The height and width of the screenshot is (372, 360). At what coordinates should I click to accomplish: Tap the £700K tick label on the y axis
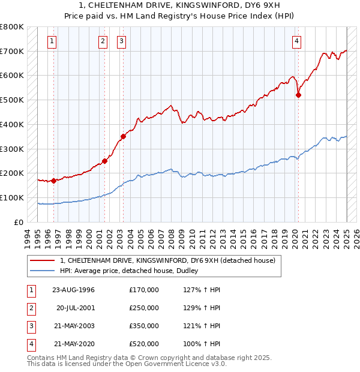click(x=12, y=51)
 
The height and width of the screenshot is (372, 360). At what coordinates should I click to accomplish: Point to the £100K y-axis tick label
click(x=12, y=197)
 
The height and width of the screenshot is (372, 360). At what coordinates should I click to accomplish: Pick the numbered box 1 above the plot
click(x=53, y=41)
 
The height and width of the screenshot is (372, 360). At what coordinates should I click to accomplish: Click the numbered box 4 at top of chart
click(x=297, y=41)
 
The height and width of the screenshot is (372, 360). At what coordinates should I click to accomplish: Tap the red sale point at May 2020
click(x=298, y=95)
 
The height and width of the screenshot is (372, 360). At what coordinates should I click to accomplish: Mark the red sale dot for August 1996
click(x=53, y=180)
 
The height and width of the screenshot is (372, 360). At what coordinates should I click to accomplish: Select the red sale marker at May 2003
click(x=123, y=136)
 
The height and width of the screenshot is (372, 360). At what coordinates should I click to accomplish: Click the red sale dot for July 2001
click(x=104, y=161)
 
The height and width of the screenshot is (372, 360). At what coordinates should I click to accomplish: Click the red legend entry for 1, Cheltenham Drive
click(x=167, y=260)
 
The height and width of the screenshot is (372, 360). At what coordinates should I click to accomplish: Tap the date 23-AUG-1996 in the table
click(x=74, y=290)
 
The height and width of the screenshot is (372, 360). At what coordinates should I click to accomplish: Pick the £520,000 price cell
click(x=144, y=344)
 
